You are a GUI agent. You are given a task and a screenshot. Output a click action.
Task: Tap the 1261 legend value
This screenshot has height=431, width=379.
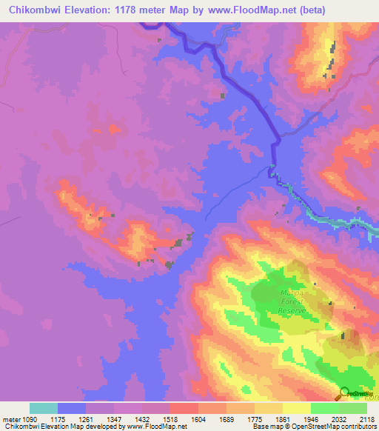pyautogui.click(x=87, y=418)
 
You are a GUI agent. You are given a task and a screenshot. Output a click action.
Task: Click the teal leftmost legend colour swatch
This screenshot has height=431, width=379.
pyautogui.click(x=44, y=408)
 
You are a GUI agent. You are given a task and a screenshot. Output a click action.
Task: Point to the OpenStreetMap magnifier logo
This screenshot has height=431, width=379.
pyautogui.click(x=345, y=394)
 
